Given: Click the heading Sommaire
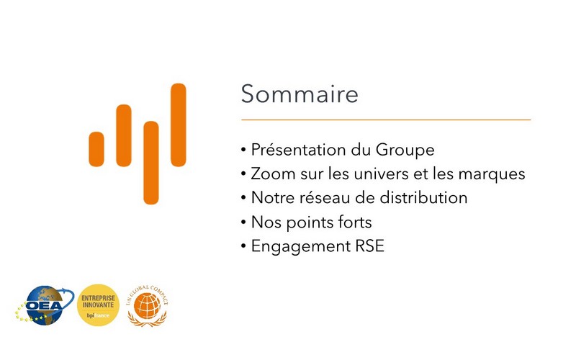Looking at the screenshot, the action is click(300, 94).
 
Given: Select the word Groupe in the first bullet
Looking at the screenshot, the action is click(405, 150).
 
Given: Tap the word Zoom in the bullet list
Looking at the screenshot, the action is click(273, 174).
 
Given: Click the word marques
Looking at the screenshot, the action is click(492, 174).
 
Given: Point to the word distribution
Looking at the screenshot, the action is click(423, 197).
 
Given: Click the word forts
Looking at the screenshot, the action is click(355, 222).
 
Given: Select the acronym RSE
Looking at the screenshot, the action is click(369, 246).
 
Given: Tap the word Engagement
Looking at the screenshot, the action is click(301, 247).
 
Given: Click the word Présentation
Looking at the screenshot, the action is click(298, 150).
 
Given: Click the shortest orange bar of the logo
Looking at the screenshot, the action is click(96, 149).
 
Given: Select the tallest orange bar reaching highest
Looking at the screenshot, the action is click(178, 125).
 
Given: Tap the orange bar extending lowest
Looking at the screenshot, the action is click(151, 163).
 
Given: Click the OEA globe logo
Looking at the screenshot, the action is click(45, 305).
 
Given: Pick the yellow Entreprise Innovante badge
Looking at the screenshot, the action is click(98, 305).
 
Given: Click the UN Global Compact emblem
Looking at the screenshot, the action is click(148, 305).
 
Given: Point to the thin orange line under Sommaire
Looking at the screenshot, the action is click(386, 120).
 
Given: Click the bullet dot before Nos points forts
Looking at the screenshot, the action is click(243, 222).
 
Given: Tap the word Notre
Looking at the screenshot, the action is click(273, 197).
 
